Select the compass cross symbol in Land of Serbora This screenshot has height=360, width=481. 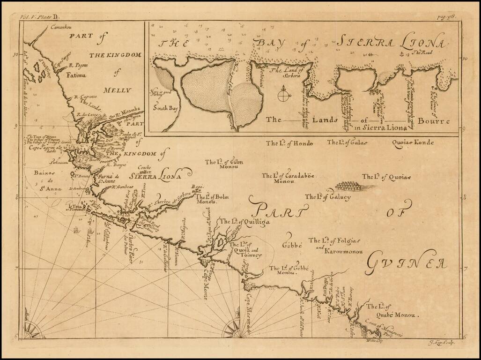coord(283,97)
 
